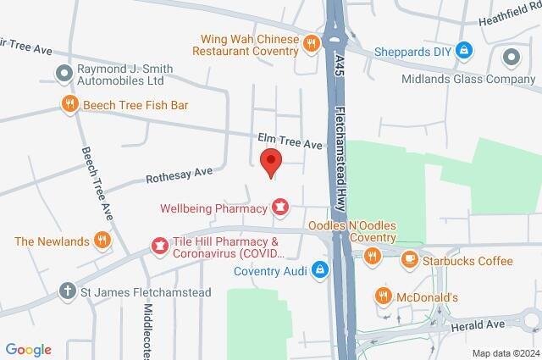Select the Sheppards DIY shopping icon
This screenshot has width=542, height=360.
(x=463, y=50)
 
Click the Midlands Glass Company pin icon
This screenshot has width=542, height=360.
(x=511, y=58)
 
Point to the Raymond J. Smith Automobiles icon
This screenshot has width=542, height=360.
(x=63, y=74)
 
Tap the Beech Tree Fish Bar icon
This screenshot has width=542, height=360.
(x=70, y=104)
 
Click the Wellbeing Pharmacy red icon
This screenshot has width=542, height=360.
(x=279, y=207)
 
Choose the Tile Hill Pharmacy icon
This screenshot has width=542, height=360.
(x=158, y=246)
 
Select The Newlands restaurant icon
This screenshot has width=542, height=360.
(x=102, y=241)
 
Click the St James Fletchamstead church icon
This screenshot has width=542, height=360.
(x=69, y=291)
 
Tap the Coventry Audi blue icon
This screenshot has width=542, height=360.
(x=319, y=271)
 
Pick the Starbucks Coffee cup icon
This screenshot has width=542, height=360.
(x=409, y=259)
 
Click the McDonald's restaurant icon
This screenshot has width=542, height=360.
(x=383, y=296)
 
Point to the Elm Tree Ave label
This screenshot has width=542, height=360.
(x=290, y=144)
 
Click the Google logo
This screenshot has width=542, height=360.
(x=28, y=349)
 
